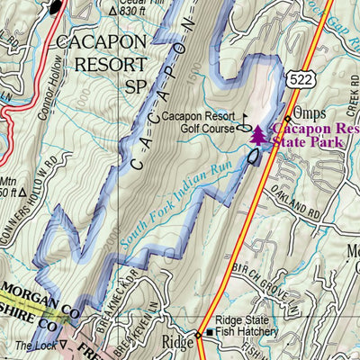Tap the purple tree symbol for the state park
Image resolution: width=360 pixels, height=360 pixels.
[x=258, y=135]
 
